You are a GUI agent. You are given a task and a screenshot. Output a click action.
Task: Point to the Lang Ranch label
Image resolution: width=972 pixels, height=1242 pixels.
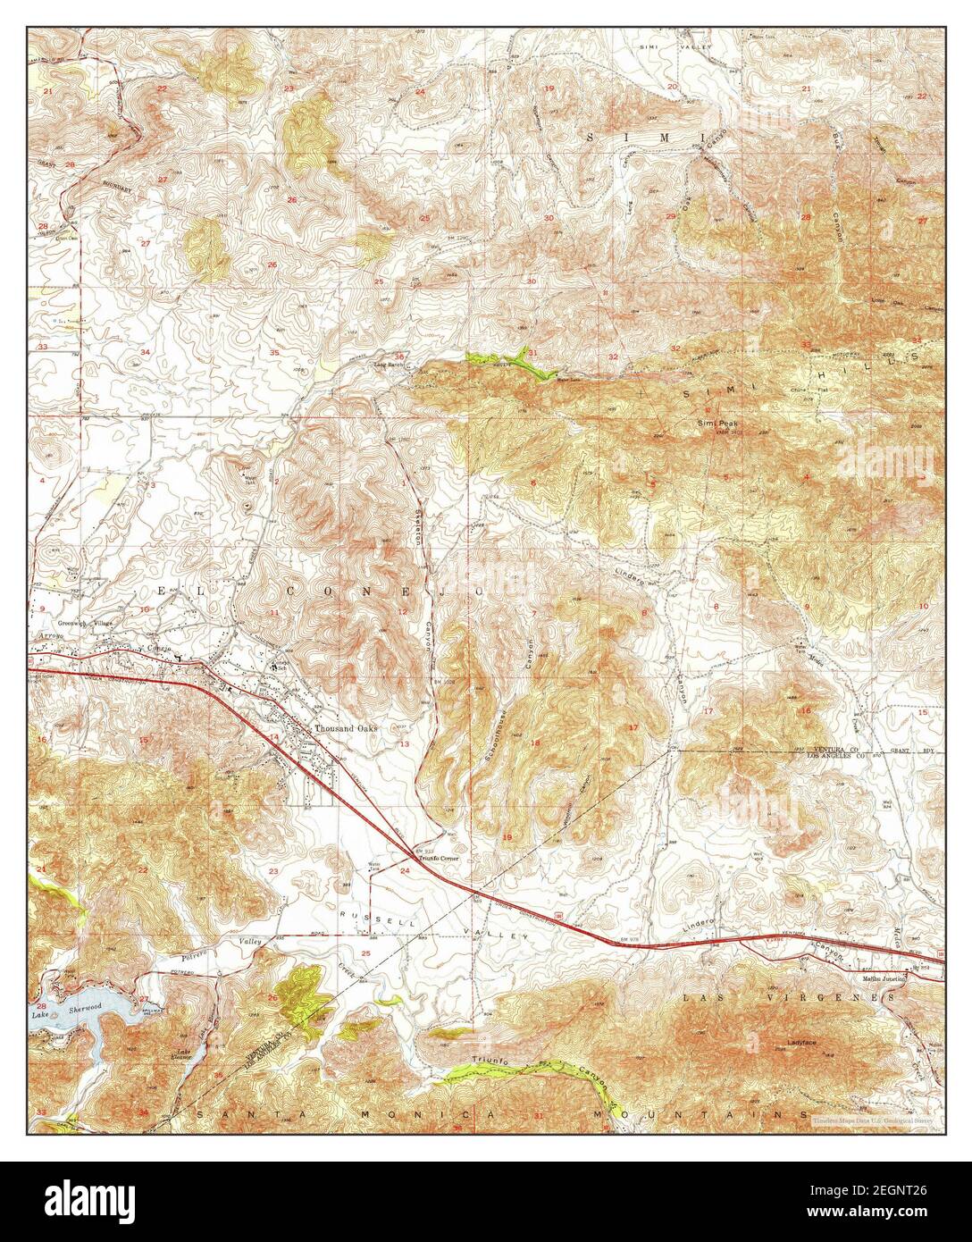point(390,365)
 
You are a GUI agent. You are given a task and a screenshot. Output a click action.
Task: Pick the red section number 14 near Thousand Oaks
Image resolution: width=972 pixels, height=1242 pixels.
point(275,736)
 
